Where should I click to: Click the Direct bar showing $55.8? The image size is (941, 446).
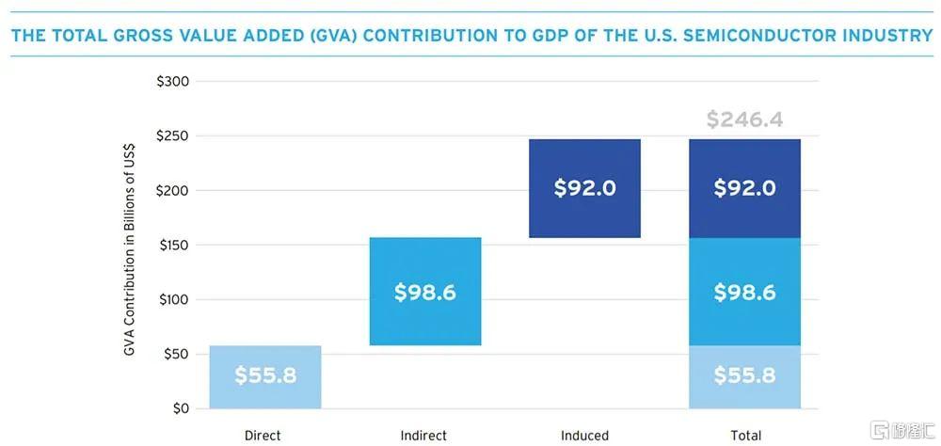(x=264, y=376)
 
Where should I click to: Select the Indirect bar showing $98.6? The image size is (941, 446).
(x=424, y=292)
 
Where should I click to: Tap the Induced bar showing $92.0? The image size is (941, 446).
(x=584, y=188)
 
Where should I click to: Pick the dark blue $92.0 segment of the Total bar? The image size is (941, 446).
(x=744, y=188)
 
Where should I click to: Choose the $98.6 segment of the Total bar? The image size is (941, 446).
(x=744, y=292)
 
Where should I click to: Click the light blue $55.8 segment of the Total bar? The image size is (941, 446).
(x=744, y=376)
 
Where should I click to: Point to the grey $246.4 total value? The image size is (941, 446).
(x=744, y=120)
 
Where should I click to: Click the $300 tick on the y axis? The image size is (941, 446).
(x=172, y=82)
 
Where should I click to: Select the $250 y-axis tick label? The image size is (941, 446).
(x=172, y=136)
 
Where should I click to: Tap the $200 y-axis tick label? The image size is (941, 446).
(x=172, y=191)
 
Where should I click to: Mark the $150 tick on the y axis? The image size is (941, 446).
(x=172, y=246)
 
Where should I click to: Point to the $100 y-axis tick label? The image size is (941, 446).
(x=172, y=300)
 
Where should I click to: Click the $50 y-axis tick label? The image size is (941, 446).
(x=175, y=355)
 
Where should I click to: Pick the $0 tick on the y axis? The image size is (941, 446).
(x=179, y=409)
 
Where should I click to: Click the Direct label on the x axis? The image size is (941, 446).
(x=263, y=436)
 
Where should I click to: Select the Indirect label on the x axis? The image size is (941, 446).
(x=423, y=436)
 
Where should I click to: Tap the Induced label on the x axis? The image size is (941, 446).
(x=584, y=436)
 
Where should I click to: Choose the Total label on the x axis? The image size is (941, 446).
(x=744, y=436)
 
